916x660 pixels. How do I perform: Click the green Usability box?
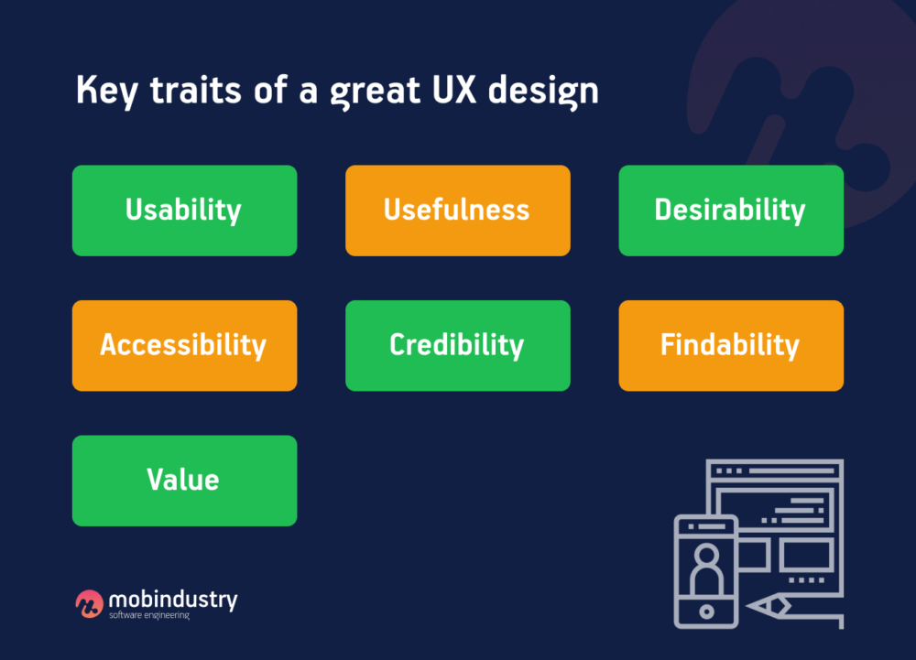click(x=184, y=211)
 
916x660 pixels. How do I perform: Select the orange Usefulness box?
click(x=457, y=211)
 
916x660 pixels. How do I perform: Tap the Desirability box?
click(x=730, y=211)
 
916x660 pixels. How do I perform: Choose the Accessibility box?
click(x=184, y=346)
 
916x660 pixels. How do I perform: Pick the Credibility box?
click(x=457, y=346)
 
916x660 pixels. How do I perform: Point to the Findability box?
click(x=730, y=346)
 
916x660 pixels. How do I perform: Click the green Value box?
click(x=184, y=481)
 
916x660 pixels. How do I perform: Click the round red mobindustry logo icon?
click(x=89, y=603)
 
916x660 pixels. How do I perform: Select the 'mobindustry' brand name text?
click(x=172, y=600)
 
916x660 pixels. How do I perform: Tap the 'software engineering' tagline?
click(x=148, y=615)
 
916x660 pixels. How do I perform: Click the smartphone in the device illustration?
click(x=705, y=570)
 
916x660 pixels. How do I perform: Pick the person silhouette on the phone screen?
click(x=705, y=568)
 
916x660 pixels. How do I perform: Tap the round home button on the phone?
click(x=705, y=611)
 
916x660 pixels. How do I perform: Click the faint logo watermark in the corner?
click(x=806, y=101)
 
